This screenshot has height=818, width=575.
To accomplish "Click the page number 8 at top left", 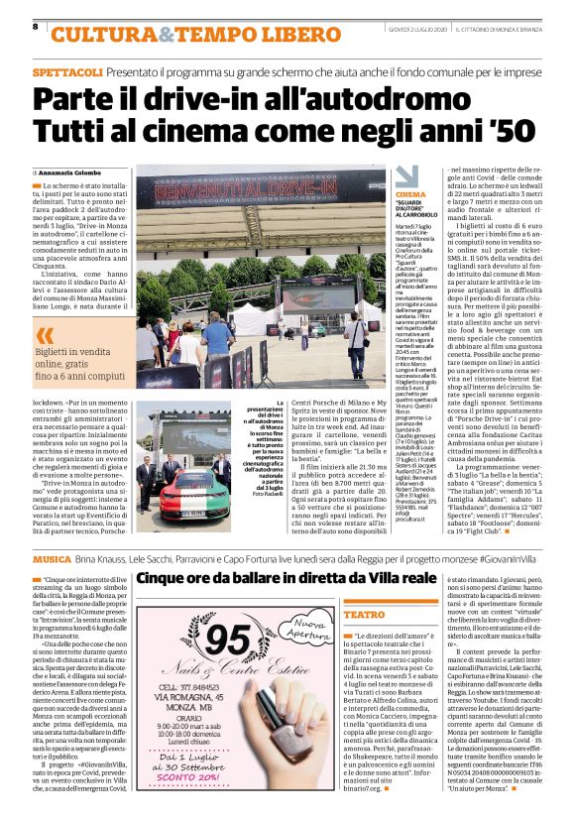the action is [35, 26].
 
